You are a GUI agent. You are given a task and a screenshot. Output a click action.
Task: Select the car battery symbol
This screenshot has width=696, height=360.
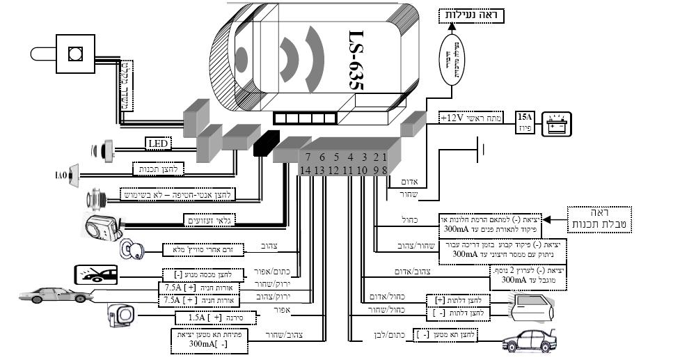click(556, 124)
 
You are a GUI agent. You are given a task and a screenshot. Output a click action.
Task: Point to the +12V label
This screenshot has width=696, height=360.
click(452, 119)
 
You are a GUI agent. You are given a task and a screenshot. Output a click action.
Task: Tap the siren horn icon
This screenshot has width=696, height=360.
click(120, 316)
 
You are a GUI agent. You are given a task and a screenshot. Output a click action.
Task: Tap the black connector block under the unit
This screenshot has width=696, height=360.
click(266, 142)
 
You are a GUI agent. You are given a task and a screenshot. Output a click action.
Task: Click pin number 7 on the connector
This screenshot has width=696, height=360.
click(307, 157)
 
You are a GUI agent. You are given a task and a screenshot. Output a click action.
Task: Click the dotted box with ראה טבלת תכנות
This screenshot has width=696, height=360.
click(598, 219)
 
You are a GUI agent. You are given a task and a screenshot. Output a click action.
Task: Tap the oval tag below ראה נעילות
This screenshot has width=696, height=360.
click(452, 58)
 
